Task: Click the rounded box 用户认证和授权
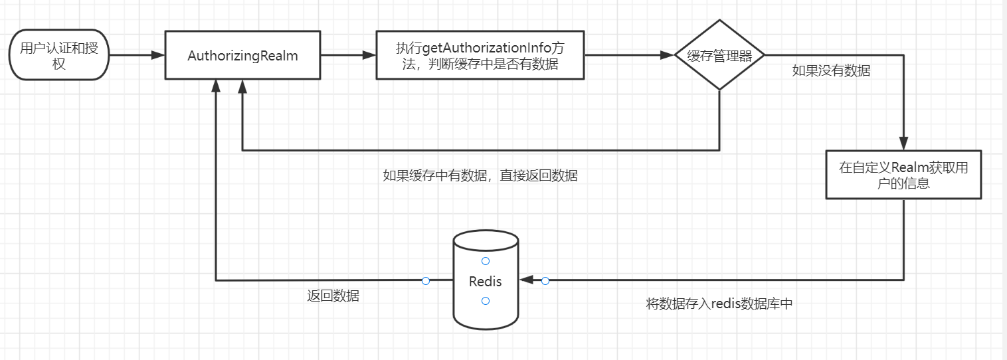pyautogui.click(x=58, y=55)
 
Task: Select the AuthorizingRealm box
pyautogui.click(x=242, y=56)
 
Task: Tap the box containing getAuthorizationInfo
pyautogui.click(x=480, y=56)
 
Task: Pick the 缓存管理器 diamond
pyautogui.click(x=719, y=56)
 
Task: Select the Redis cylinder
pyautogui.click(x=486, y=279)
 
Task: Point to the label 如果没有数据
pyautogui.click(x=831, y=71)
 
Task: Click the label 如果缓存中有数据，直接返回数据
pyautogui.click(x=480, y=176)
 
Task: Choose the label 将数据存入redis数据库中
pyautogui.click(x=719, y=304)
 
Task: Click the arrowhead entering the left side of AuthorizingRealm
pyautogui.click(x=158, y=56)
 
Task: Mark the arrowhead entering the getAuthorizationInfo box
pyautogui.click(x=369, y=56)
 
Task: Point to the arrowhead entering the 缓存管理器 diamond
pyautogui.click(x=667, y=56)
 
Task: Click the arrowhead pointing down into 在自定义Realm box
pyautogui.click(x=903, y=144)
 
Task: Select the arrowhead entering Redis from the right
pyautogui.click(x=527, y=280)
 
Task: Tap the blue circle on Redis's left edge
pyautogui.click(x=426, y=281)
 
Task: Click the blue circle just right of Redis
pyautogui.click(x=545, y=281)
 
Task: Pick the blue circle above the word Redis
pyautogui.click(x=486, y=261)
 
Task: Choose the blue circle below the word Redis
pyautogui.click(x=486, y=301)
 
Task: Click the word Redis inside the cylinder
pyautogui.click(x=486, y=282)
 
